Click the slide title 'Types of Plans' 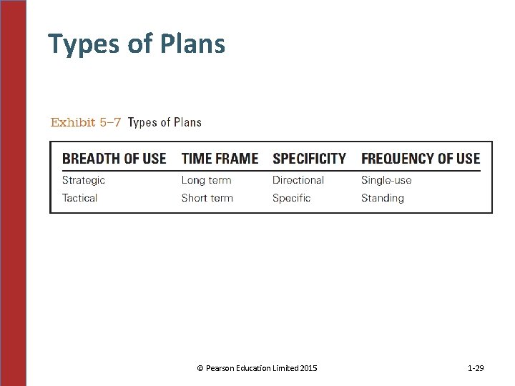tap(137, 44)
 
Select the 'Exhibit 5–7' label tap(83, 122)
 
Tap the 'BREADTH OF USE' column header tap(114, 159)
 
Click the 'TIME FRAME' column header tap(220, 159)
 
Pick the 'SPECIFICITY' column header tap(309, 159)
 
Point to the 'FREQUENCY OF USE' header tap(421, 159)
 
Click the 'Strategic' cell tap(83, 180)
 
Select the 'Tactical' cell tap(79, 198)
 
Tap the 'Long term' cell tap(206, 180)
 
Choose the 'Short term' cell tap(207, 198)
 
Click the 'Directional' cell tap(298, 180)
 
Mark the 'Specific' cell tap(291, 198)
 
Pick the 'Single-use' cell tap(386, 180)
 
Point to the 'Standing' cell tap(382, 198)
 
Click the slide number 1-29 tap(476, 368)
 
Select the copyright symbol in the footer tap(200, 368)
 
